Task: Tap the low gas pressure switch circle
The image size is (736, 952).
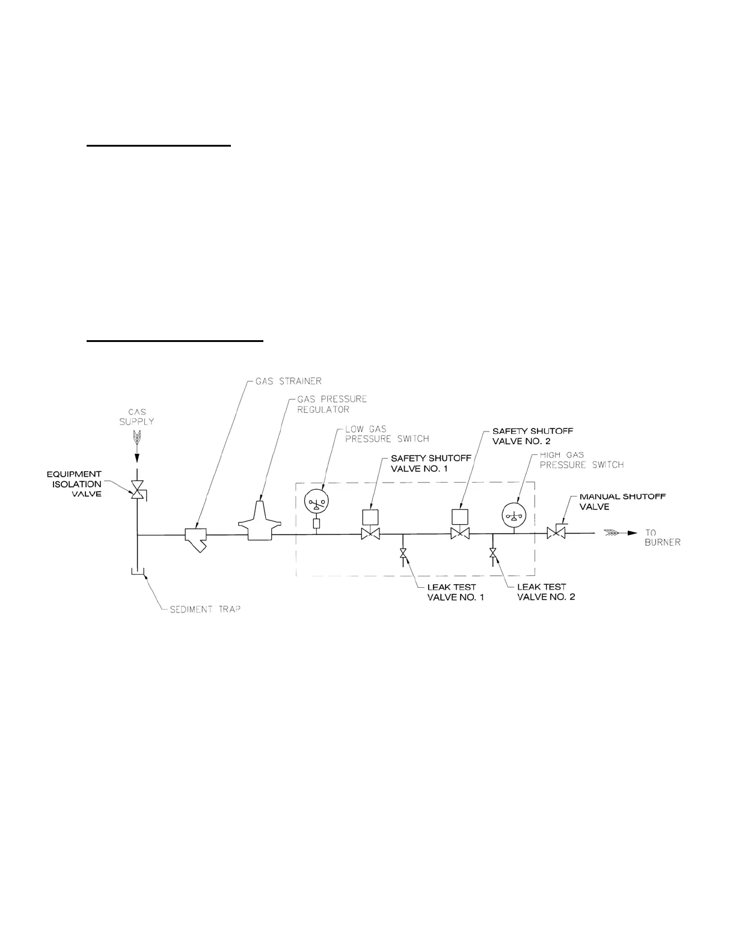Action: click(x=316, y=501)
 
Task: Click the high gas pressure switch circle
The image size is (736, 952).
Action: click(x=514, y=514)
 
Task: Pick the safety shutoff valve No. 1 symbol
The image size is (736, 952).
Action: click(x=370, y=533)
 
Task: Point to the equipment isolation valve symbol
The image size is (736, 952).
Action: click(x=138, y=490)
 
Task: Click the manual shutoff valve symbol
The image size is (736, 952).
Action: click(x=555, y=532)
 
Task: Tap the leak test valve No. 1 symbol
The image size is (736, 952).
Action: click(x=403, y=552)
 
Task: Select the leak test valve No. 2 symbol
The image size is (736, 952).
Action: click(x=493, y=552)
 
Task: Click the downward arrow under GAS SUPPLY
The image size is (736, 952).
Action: click(x=138, y=457)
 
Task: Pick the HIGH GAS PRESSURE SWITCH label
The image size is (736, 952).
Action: click(x=581, y=460)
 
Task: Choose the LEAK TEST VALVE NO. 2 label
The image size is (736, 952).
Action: click(x=545, y=592)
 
